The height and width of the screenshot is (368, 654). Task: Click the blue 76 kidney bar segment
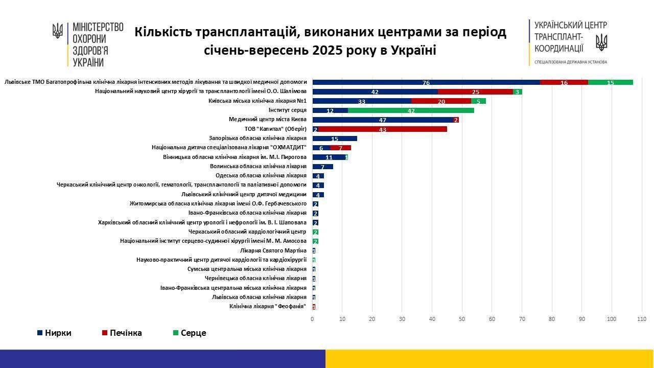pos(426,82)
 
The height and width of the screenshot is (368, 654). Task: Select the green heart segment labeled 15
pos(610,82)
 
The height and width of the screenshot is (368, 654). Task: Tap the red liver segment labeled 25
pos(475,92)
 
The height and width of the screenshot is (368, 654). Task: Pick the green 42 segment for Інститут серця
pos(411,110)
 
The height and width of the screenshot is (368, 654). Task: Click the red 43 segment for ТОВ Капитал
pos(382,129)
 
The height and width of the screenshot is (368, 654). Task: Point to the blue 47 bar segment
pos(382,120)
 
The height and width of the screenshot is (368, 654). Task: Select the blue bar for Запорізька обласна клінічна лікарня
pos(335,139)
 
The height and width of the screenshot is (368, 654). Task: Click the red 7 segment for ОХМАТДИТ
pos(340,148)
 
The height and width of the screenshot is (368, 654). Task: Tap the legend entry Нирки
pos(54,333)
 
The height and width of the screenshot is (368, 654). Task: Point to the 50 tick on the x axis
pos(462,319)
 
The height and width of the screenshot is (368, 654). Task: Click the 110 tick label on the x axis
pos(642,319)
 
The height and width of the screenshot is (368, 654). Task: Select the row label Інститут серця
pos(287,110)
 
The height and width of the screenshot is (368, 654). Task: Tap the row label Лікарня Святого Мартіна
pos(273,250)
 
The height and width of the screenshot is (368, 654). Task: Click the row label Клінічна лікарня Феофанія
pos(268,306)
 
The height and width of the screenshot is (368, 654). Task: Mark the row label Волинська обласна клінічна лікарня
pos(258,167)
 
